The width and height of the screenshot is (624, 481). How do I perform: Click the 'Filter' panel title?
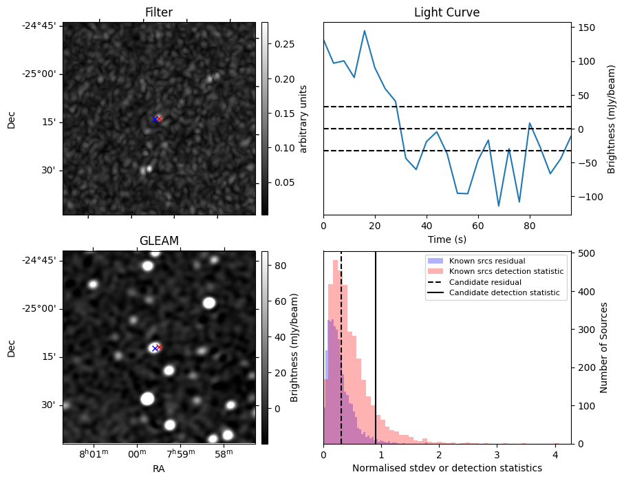(x=159, y=12)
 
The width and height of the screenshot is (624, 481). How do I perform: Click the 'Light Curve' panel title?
(x=447, y=12)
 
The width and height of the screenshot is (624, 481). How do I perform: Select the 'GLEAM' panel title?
(x=159, y=240)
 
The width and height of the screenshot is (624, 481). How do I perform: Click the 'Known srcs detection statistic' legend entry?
(x=506, y=271)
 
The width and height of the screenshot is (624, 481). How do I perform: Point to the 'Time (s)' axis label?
(x=447, y=237)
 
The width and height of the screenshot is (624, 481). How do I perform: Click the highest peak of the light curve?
(x=365, y=31)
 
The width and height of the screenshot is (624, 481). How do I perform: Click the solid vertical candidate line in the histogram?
(x=376, y=344)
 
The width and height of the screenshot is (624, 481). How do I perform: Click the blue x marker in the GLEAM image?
(x=155, y=348)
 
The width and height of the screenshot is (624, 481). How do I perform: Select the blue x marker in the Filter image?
(x=155, y=119)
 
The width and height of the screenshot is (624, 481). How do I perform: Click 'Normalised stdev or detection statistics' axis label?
(x=447, y=469)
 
